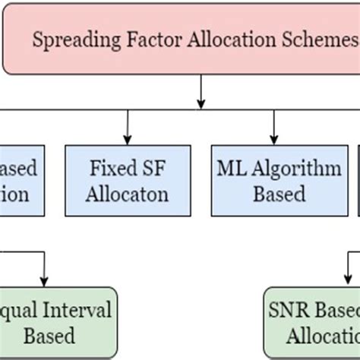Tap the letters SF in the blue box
(148, 167)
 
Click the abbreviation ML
(232, 167)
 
